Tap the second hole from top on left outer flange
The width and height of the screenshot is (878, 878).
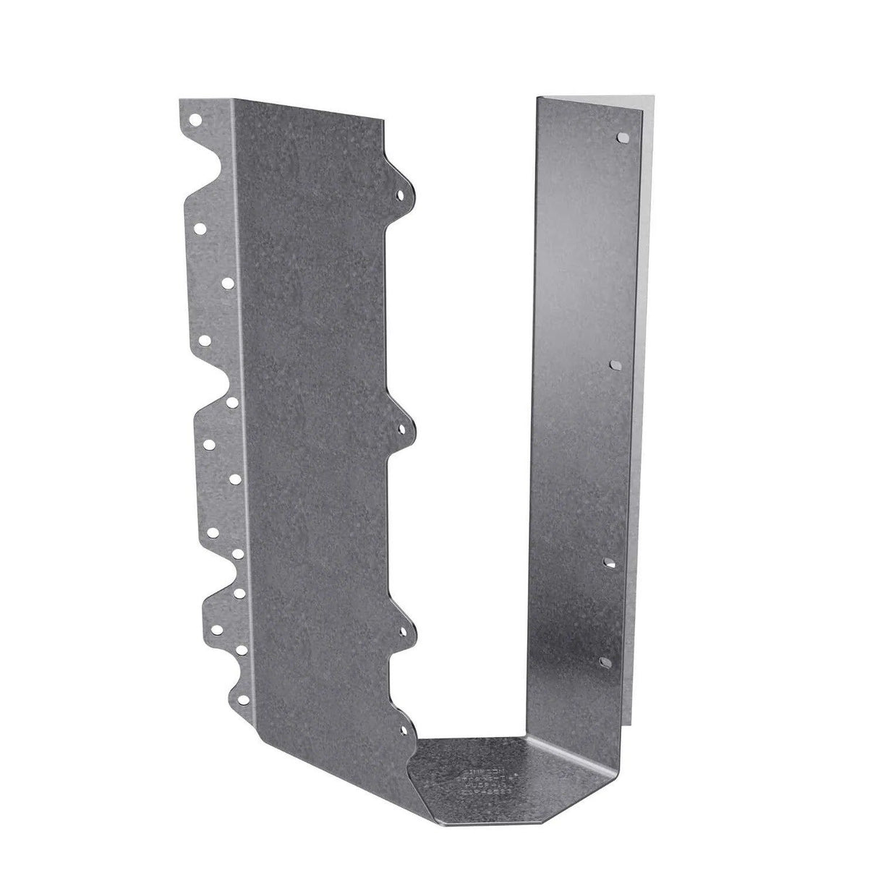pos(200,229)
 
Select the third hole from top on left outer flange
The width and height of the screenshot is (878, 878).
pos(227,283)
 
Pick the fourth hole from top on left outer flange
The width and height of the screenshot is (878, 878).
pos(205,339)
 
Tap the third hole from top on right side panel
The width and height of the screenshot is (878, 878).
pos(610,561)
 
